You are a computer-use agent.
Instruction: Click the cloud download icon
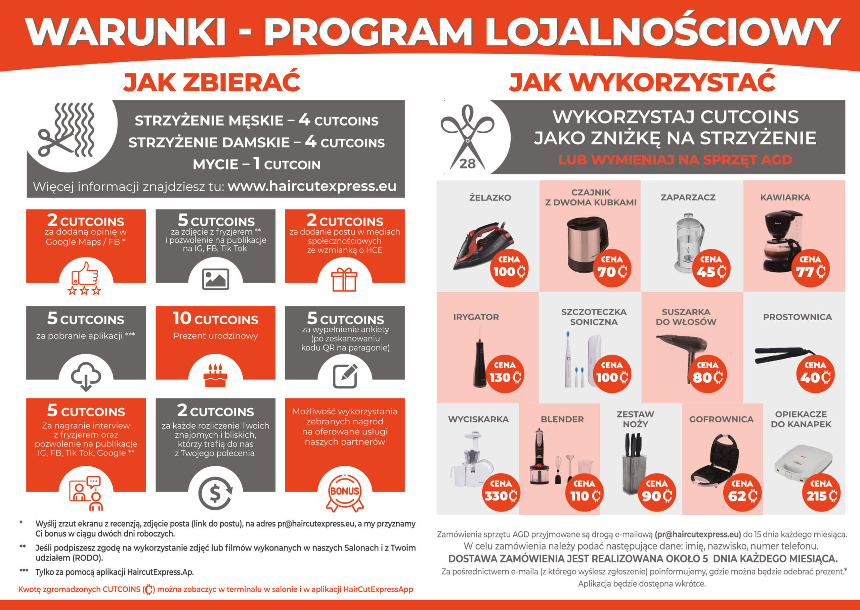click(86, 376)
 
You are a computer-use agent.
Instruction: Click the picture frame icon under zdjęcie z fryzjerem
click(215, 279)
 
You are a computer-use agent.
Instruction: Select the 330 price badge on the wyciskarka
click(501, 492)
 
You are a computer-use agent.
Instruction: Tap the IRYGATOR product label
click(476, 317)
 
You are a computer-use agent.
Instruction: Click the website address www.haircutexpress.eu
click(312, 186)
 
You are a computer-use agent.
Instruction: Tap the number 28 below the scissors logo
click(467, 163)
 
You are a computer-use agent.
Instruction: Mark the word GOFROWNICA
click(721, 419)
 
